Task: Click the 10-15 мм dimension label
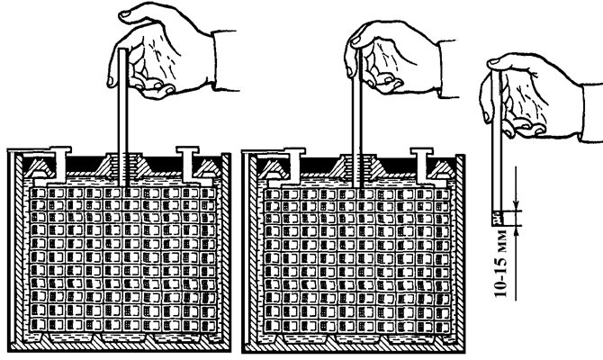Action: point(500,264)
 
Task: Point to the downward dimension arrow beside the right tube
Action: point(516,188)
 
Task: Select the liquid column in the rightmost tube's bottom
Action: point(497,218)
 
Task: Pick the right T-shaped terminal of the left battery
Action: point(191,165)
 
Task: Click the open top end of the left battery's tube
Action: point(122,50)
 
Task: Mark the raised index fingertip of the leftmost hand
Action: point(125,14)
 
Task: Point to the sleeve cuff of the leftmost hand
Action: point(225,60)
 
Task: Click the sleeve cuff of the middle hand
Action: point(447,68)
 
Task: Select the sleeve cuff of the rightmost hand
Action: point(592,112)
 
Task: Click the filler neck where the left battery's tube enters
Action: point(123,165)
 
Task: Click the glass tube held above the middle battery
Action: point(357,119)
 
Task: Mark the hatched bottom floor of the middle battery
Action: point(353,348)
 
